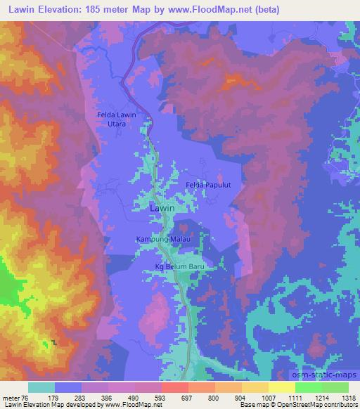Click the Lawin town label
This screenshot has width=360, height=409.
162,209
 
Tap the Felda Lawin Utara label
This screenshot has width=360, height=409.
116,119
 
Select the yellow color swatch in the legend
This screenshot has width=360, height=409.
281,387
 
